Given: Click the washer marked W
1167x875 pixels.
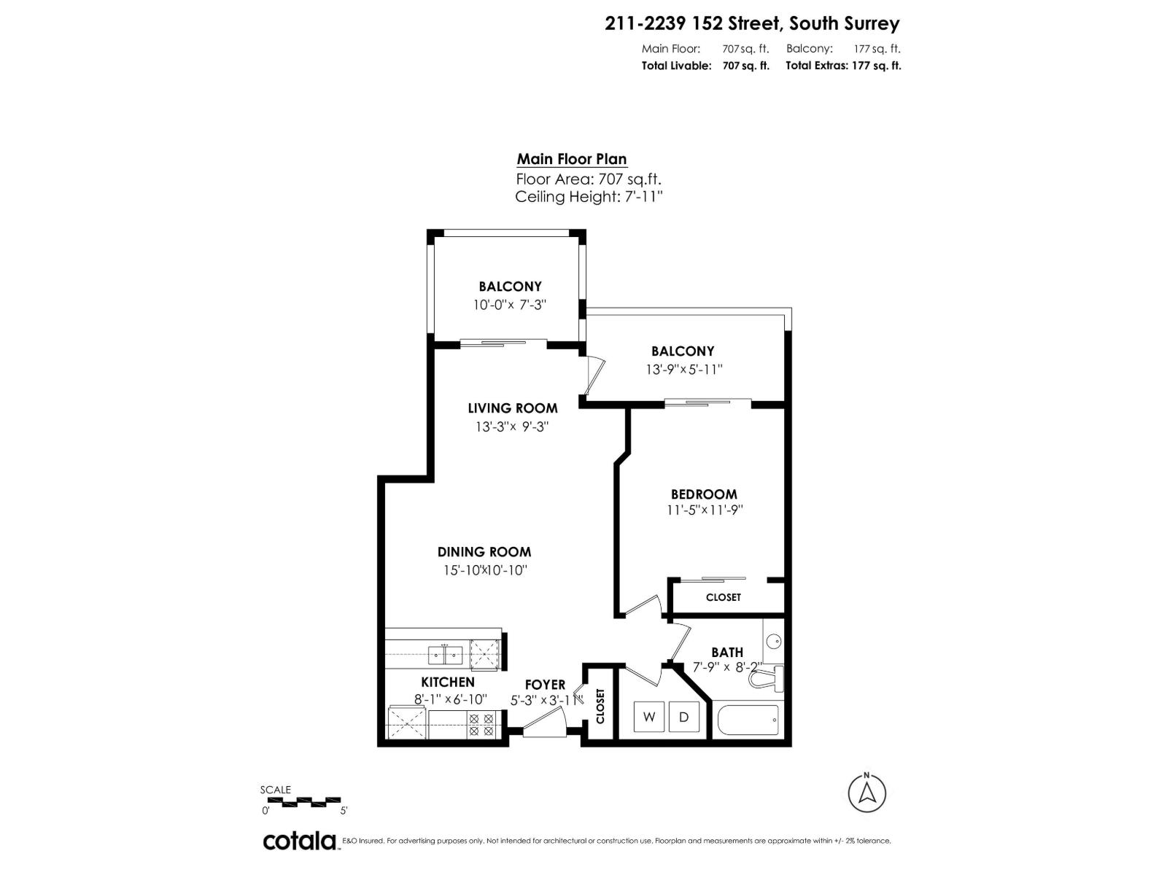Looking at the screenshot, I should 648,717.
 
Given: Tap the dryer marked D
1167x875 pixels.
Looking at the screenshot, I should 683,717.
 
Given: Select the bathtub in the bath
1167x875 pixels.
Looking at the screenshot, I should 748,720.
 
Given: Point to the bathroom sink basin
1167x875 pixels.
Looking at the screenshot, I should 773,642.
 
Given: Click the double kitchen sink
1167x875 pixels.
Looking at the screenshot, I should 445,654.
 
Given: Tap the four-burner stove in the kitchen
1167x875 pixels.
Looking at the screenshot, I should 481,724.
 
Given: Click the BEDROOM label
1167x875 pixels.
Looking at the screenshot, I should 704,494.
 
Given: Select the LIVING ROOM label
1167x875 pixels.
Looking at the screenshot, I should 512,408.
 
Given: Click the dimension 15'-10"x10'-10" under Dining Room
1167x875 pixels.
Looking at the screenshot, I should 484,570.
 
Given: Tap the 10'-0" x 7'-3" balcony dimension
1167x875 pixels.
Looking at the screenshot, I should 510,305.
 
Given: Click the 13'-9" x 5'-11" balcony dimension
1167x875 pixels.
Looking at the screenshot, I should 683,370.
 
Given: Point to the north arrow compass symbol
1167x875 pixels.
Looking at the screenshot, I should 867,792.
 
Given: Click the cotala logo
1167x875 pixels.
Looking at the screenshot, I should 299,841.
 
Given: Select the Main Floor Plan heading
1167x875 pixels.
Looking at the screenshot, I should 572,159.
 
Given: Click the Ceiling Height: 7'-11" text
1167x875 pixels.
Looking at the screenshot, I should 589,197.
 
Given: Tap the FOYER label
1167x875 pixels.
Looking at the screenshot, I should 545,685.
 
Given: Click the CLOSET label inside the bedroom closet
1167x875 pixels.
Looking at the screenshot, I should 723,597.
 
